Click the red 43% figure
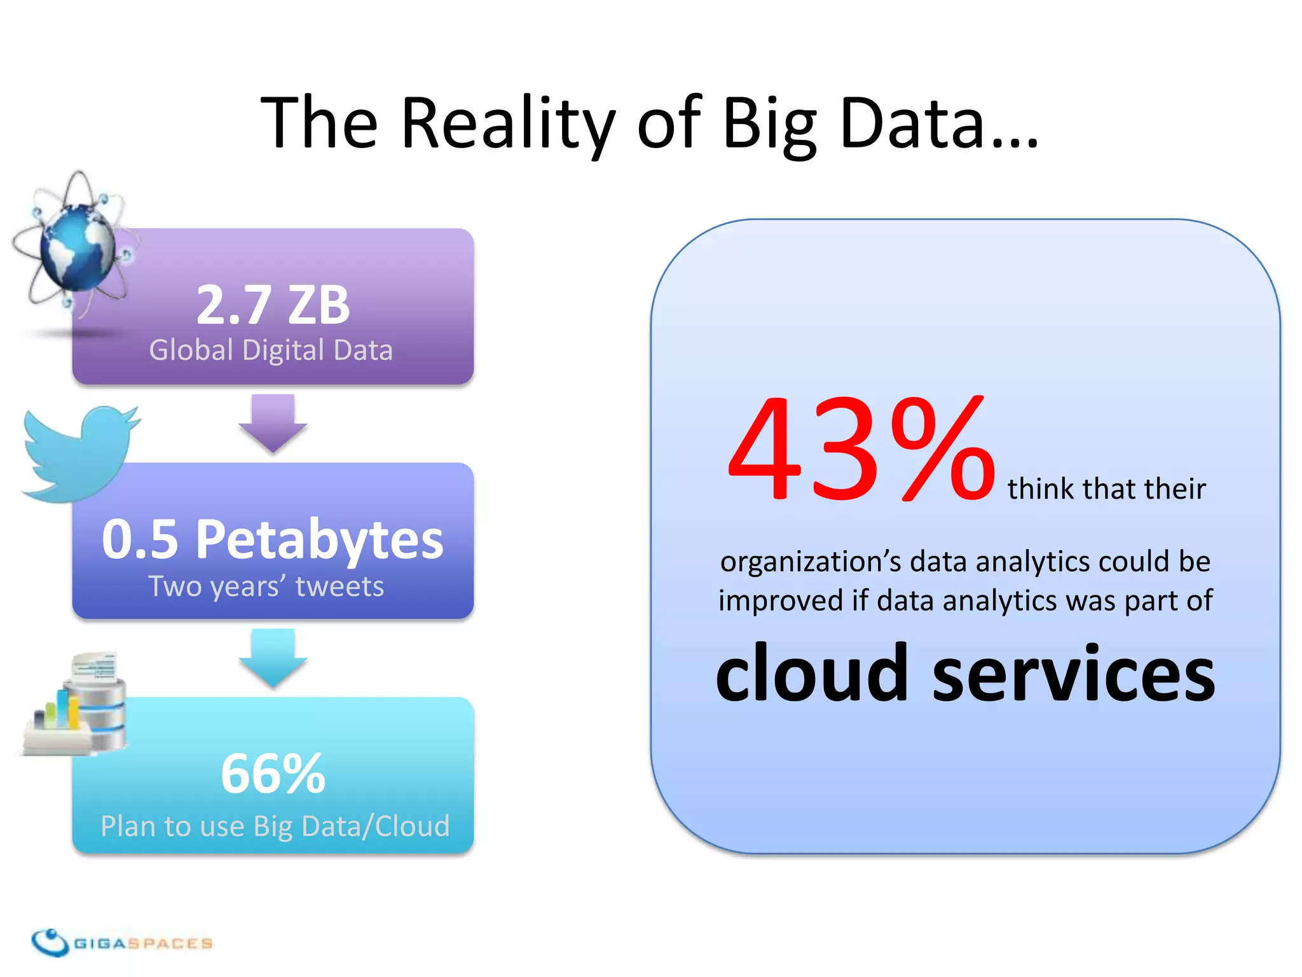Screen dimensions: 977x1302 point(861,449)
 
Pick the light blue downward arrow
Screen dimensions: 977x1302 point(273,657)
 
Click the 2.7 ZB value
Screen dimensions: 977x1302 point(273,305)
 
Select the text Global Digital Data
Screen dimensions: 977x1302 point(271,350)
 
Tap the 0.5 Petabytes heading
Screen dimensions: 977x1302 point(273,539)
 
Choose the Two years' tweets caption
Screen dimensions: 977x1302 point(266,586)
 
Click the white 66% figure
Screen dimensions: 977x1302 point(273,773)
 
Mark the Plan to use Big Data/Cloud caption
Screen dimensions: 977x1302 point(275,826)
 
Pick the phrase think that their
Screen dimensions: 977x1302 point(1106,489)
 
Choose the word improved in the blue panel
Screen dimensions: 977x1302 point(781,600)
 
